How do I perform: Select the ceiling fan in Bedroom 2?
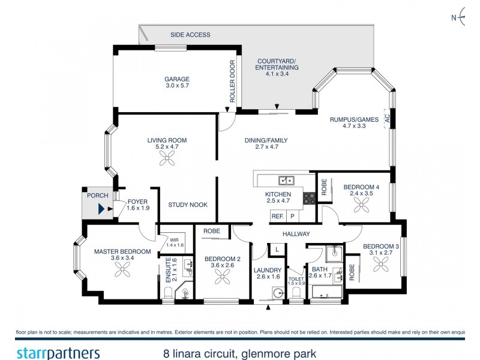(x=223, y=277)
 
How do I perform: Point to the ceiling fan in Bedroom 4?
(x=361, y=205)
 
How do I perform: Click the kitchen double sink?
(x=286, y=179)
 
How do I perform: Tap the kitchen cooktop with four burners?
(x=310, y=198)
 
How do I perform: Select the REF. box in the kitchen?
(x=277, y=216)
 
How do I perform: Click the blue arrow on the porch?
(x=101, y=209)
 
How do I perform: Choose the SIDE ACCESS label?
(x=190, y=35)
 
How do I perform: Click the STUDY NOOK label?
(x=188, y=205)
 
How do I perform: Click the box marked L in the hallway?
(x=277, y=248)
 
